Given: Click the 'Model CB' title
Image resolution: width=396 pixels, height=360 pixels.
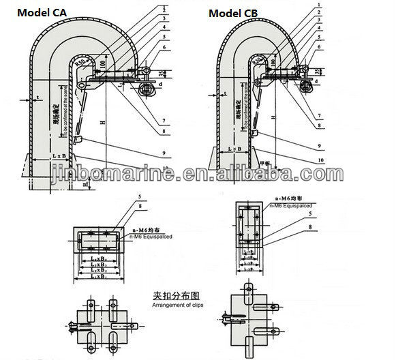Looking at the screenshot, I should pyautogui.click(x=232, y=13).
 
